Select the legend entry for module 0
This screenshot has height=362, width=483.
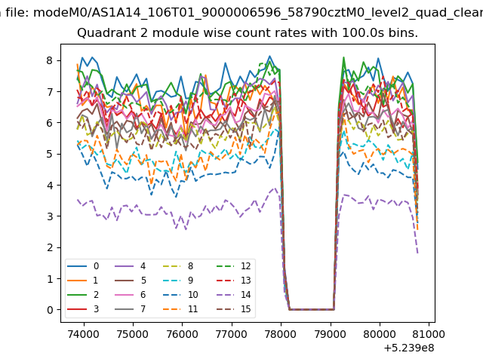pyautogui.click(x=83, y=266)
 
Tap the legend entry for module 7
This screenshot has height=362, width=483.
pyautogui.click(x=130, y=308)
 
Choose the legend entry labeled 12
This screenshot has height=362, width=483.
pyautogui.click(x=233, y=266)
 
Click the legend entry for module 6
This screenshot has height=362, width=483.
pyautogui.click(x=130, y=295)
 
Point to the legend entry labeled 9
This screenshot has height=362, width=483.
pyautogui.click(x=178, y=280)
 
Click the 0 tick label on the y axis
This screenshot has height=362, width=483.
pyautogui.click(x=50, y=310)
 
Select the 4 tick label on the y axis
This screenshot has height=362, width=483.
pyautogui.click(x=50, y=185)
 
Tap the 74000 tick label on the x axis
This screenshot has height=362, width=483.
pyautogui.click(x=84, y=334)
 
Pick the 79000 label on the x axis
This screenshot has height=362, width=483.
pyautogui.click(x=331, y=334)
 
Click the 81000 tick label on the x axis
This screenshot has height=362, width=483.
pyautogui.click(x=429, y=334)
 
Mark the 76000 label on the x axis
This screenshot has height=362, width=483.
pyautogui.click(x=183, y=334)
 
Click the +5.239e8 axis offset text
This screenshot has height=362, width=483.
pyautogui.click(x=409, y=348)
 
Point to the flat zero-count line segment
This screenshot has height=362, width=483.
pyautogui.click(x=312, y=309)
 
